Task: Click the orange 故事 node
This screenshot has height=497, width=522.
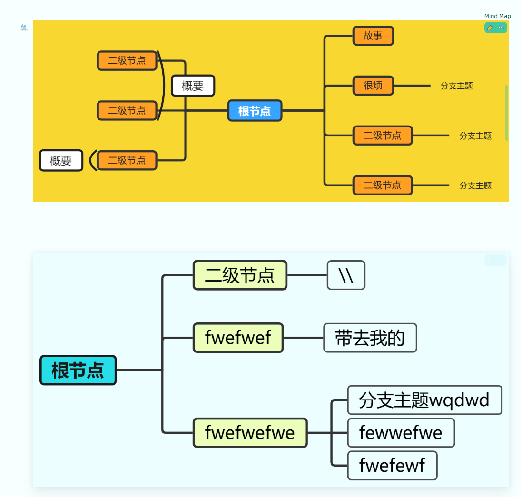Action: (x=373, y=36)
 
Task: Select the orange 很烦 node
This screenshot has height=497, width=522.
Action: (x=373, y=86)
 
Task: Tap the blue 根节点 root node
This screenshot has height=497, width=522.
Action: (x=255, y=111)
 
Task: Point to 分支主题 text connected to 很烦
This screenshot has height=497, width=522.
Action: (x=456, y=86)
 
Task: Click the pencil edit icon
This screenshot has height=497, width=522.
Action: (x=490, y=28)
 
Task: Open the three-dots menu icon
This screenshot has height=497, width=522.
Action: (x=501, y=28)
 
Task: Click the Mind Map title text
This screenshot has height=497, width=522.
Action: (x=497, y=16)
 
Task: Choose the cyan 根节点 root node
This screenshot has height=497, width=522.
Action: (x=78, y=370)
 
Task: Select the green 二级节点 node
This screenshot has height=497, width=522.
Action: (x=240, y=275)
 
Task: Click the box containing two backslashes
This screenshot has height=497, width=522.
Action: (x=346, y=275)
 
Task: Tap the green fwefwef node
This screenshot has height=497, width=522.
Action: (x=238, y=338)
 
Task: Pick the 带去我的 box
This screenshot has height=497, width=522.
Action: (x=370, y=338)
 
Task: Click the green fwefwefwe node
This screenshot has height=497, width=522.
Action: (x=250, y=432)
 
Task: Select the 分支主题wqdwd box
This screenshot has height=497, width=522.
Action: (x=424, y=400)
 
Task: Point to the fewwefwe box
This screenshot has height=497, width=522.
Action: (x=401, y=432)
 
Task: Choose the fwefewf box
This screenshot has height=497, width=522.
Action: (x=392, y=465)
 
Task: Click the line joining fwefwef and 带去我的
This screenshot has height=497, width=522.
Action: (x=303, y=338)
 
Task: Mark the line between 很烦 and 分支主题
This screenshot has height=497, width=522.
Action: (x=412, y=86)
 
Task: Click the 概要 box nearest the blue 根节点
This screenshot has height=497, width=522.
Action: (x=193, y=86)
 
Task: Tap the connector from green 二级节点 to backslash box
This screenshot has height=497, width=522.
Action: (x=307, y=275)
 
